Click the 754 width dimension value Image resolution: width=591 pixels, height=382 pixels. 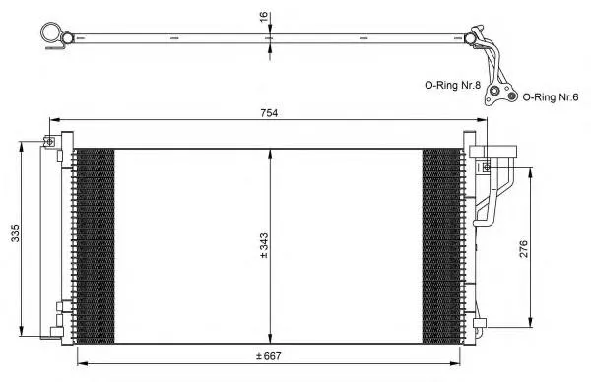[269, 113]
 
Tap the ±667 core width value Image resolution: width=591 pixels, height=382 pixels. [268, 356]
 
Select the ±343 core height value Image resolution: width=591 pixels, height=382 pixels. [264, 245]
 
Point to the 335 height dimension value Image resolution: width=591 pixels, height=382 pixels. [15, 233]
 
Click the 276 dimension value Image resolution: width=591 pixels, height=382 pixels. [524, 249]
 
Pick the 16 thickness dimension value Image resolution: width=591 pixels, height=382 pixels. [263, 16]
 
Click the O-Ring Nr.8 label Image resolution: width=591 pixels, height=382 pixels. [453, 85]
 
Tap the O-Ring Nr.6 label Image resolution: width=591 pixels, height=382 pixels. [551, 97]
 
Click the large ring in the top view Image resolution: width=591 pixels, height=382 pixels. [51, 32]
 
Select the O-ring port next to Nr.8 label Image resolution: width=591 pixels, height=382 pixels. [494, 91]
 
